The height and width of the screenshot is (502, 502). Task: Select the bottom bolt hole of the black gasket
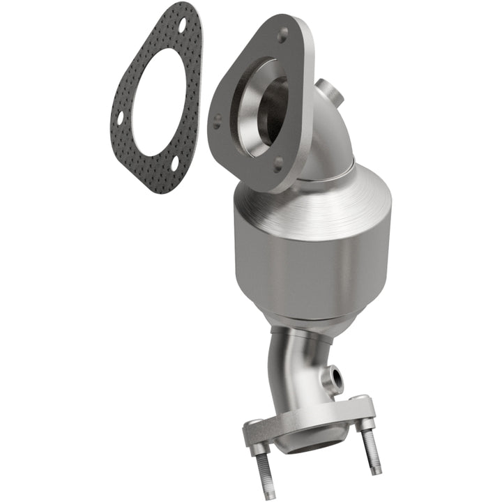[174, 164]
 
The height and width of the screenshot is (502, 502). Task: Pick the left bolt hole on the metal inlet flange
[218, 119]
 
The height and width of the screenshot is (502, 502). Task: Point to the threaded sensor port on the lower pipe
[337, 379]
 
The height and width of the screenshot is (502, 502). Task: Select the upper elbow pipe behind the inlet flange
[328, 139]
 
